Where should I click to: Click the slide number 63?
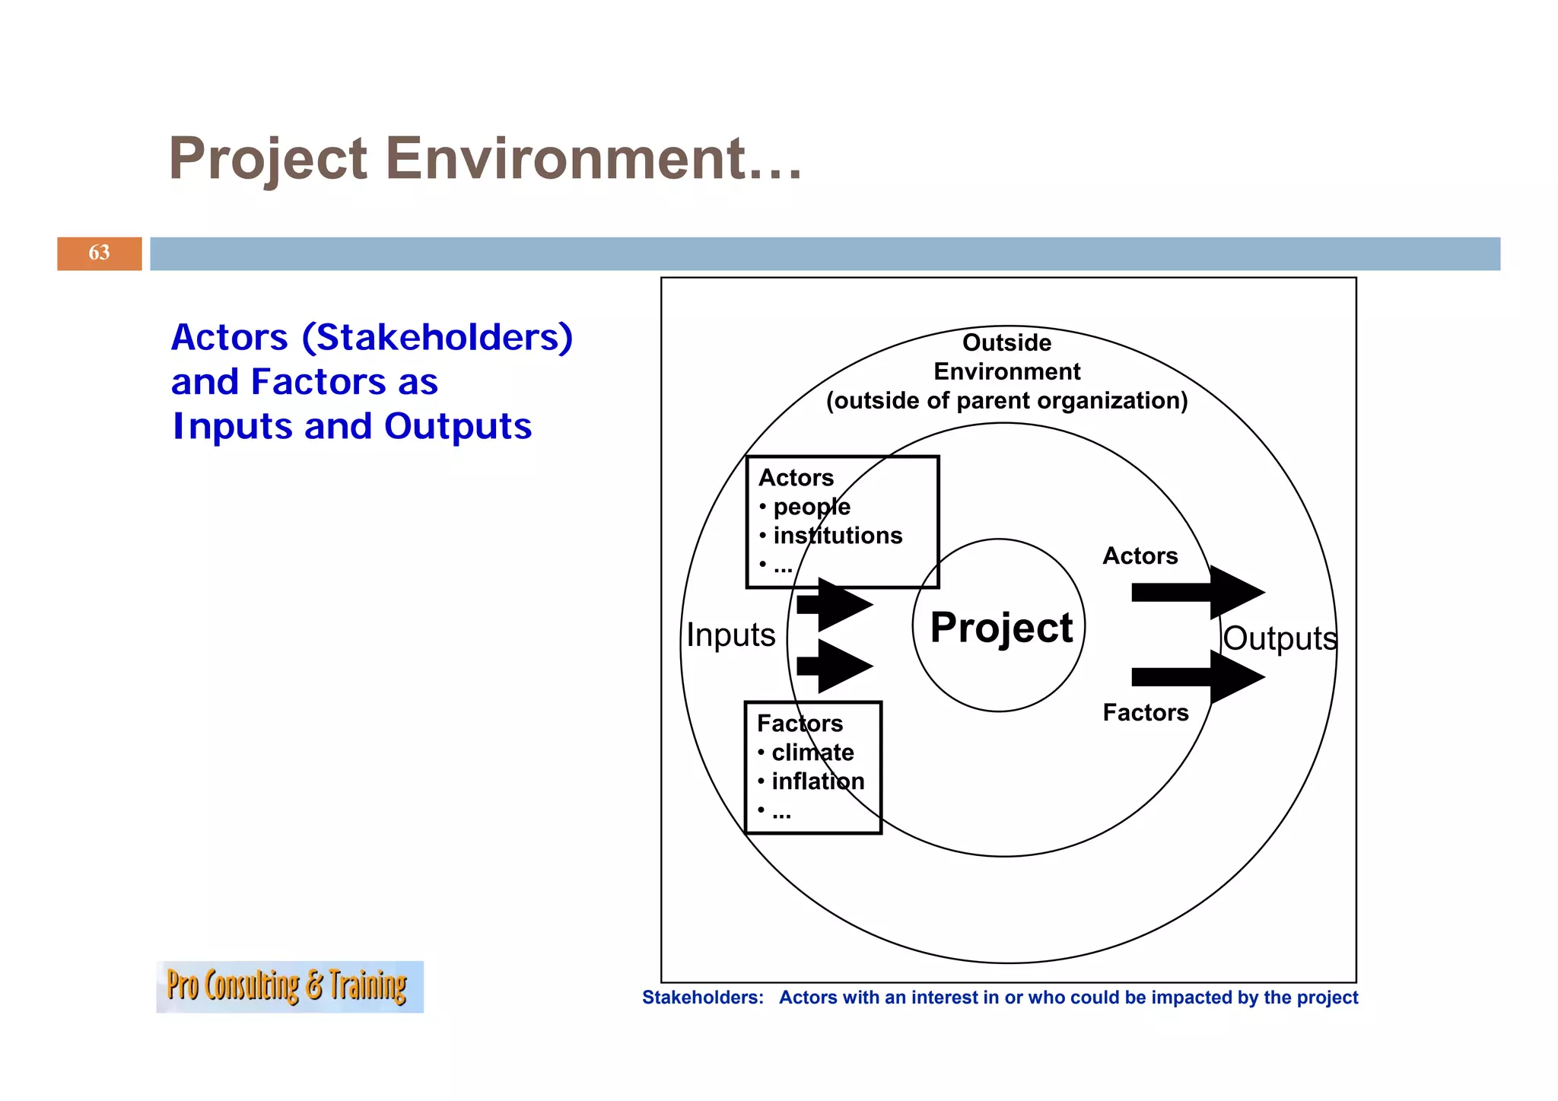click(x=99, y=253)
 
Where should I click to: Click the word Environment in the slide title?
click(x=593, y=158)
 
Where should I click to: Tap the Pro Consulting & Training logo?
click(x=289, y=986)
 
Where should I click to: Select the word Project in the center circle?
click(x=1000, y=628)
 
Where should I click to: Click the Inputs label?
click(x=730, y=635)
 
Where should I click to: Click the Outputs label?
click(x=1280, y=638)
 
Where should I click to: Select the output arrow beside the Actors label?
click(x=1198, y=592)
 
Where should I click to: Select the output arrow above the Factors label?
click(x=1198, y=676)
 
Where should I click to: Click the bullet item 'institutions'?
click(x=837, y=536)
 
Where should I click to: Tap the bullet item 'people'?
click(x=811, y=507)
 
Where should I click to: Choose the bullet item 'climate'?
click(x=812, y=753)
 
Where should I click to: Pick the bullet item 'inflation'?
click(x=817, y=781)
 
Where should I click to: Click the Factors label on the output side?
click(x=1145, y=713)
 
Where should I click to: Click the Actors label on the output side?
click(x=1140, y=556)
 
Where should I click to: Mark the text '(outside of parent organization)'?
click(x=1006, y=401)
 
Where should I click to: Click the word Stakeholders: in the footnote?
click(x=702, y=998)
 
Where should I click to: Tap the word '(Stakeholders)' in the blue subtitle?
click(x=437, y=337)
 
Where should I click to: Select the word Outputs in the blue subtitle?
click(x=457, y=426)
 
